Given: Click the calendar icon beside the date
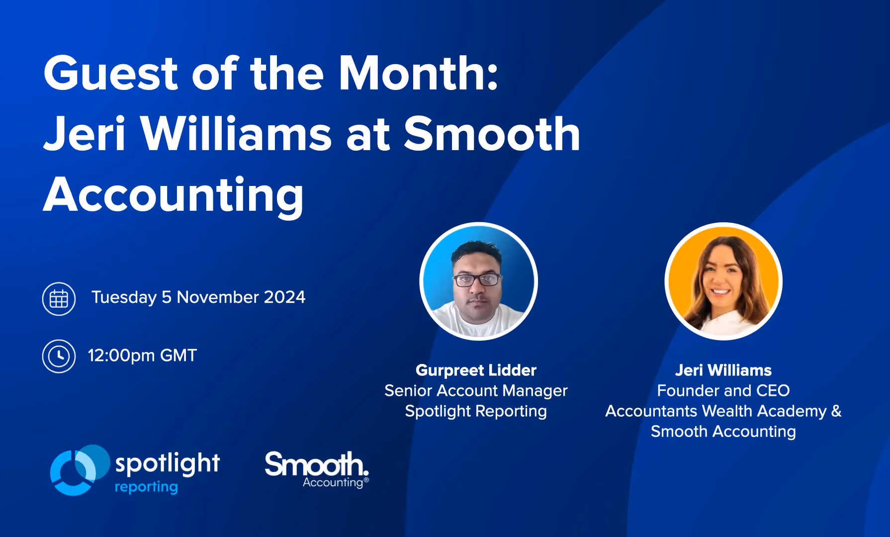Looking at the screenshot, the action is (59, 299).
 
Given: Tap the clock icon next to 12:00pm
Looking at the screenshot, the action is (59, 356).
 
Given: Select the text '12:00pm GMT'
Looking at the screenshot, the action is (142, 356).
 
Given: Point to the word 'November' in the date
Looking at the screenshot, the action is (218, 297).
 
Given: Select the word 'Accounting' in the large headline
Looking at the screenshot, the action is (173, 195).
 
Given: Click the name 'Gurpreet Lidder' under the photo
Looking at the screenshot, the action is (476, 370).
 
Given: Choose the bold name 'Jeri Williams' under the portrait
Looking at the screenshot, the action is (723, 370).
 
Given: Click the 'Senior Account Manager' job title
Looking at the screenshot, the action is (476, 391).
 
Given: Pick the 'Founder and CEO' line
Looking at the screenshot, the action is (723, 390).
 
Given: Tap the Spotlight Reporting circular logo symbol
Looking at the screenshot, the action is (80, 470).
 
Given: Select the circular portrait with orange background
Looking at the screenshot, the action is (723, 281).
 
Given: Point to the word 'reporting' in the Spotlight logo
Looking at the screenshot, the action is (146, 487).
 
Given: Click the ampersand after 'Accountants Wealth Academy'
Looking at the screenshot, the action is (836, 411).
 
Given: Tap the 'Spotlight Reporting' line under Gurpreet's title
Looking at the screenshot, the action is (476, 411).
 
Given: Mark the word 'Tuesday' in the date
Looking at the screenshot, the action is (124, 297).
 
